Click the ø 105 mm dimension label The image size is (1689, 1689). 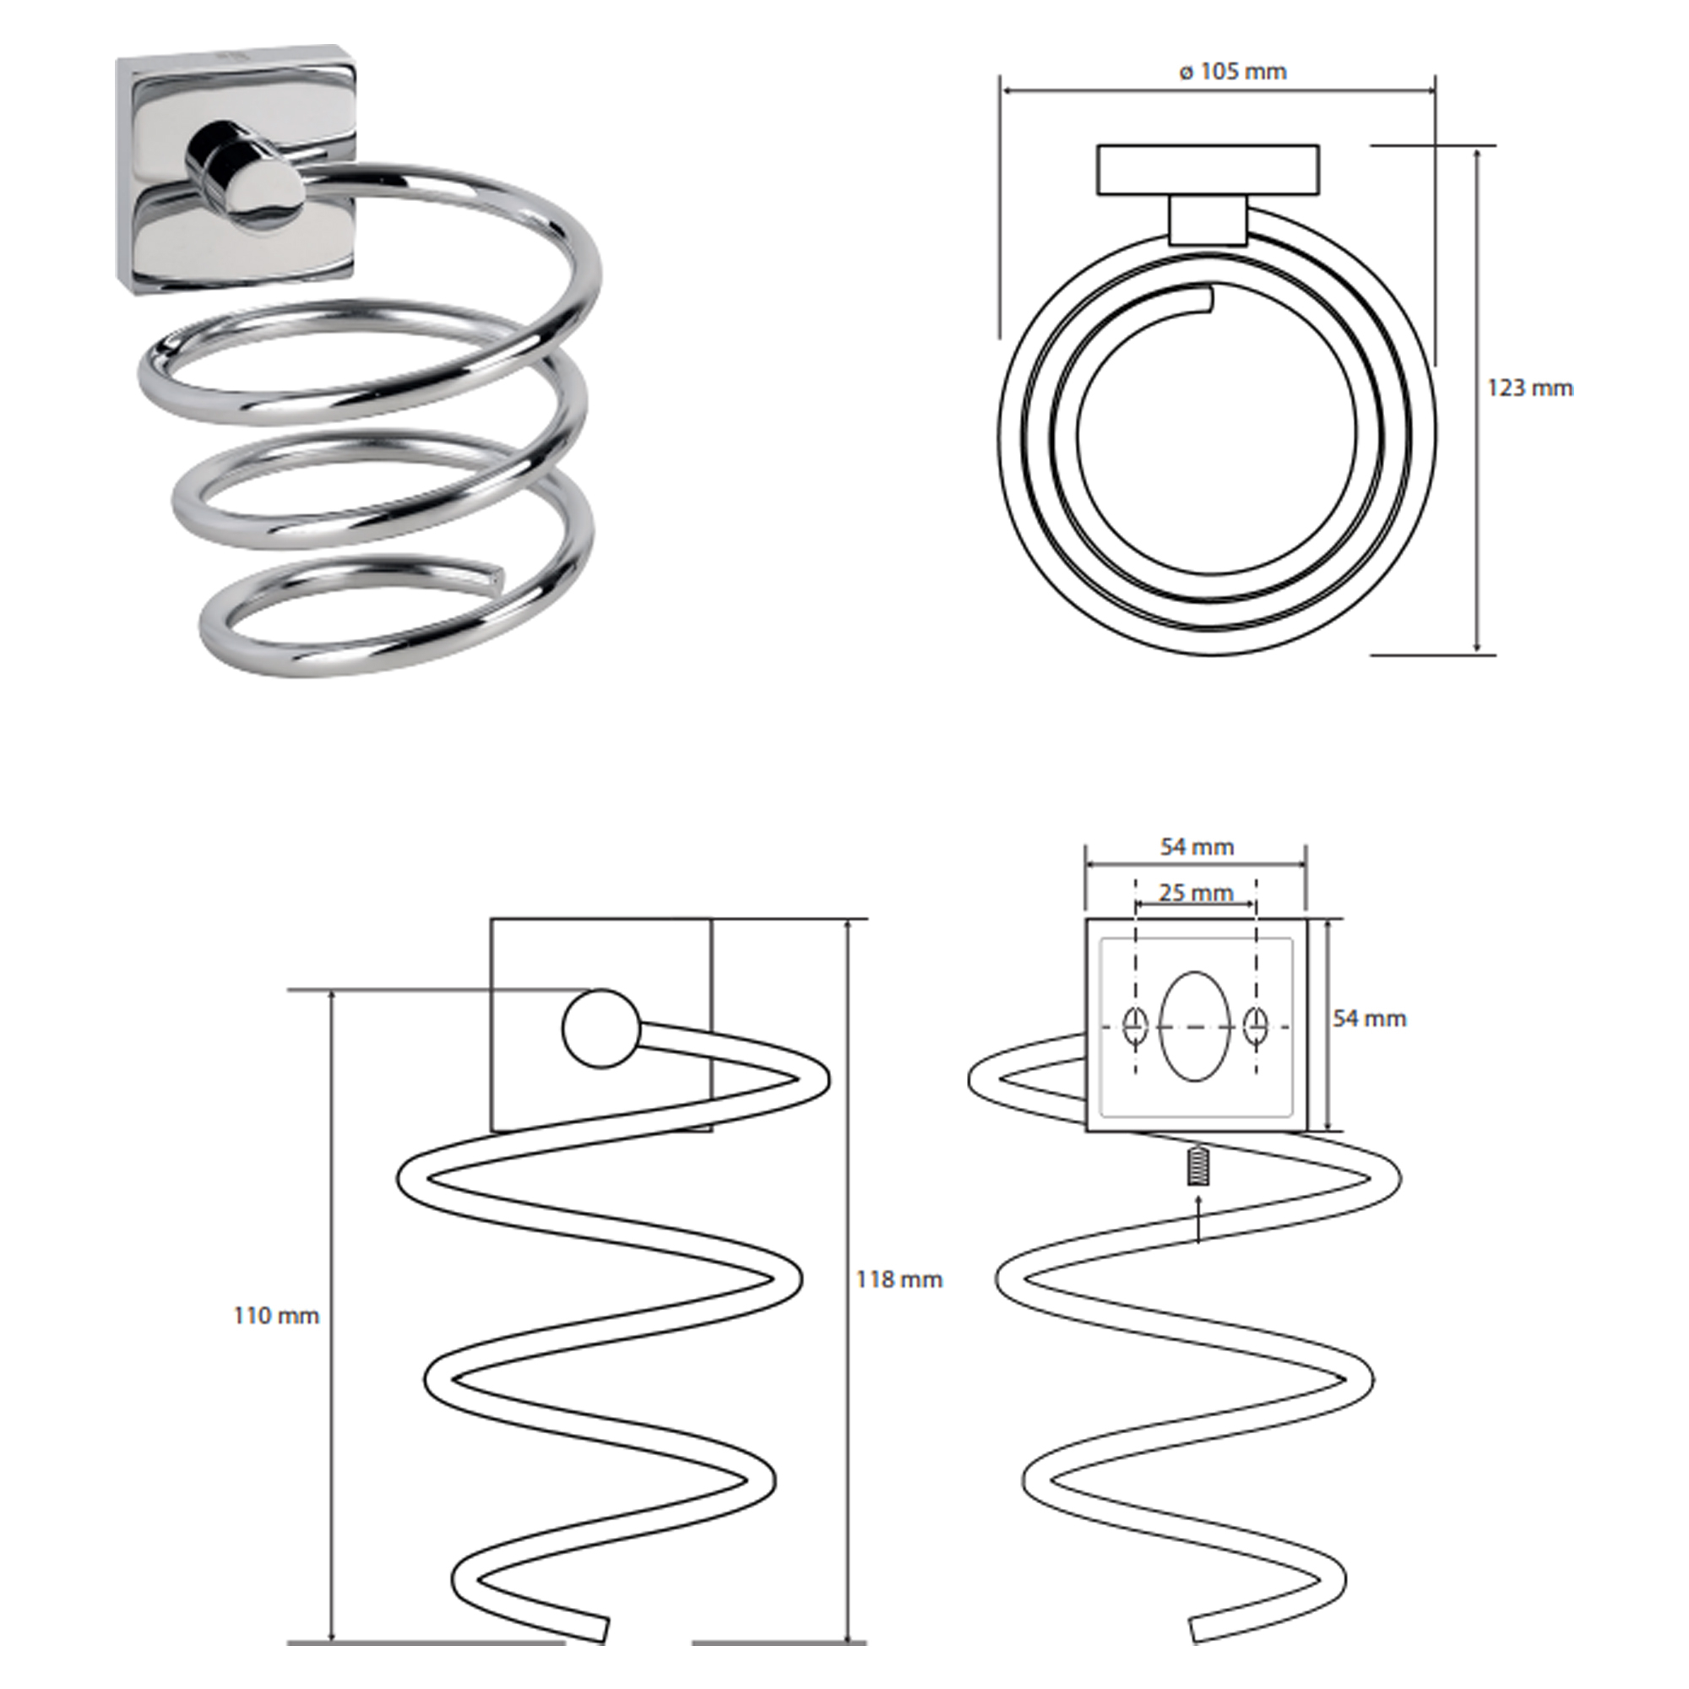tap(1233, 72)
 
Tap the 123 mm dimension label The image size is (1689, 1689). tap(1530, 388)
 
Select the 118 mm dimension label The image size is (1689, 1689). tap(899, 1280)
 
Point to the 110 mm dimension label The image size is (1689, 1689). tap(276, 1316)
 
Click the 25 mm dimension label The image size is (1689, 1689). tap(1196, 893)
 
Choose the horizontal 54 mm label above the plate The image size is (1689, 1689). tap(1197, 846)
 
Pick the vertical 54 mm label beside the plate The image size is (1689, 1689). tap(1369, 1018)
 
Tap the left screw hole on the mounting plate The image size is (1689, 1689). tap(1135, 1026)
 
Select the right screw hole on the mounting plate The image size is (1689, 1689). tap(1256, 1026)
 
